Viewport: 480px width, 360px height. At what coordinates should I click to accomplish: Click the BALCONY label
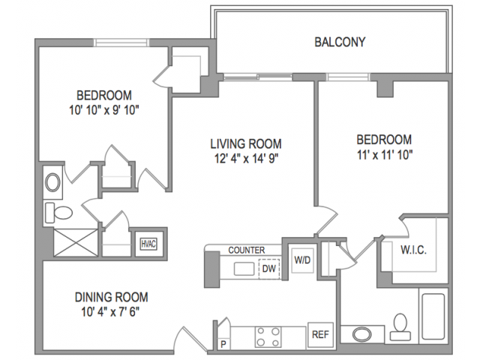[x=340, y=42]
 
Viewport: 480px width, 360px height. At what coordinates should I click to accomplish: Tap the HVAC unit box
[x=148, y=244]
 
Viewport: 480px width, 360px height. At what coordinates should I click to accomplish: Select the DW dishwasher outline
[x=269, y=268]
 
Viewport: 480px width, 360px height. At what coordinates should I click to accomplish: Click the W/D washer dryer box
[x=302, y=260]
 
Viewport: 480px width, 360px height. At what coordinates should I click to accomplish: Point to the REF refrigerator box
[x=320, y=334]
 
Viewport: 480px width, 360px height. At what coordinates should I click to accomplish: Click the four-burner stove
[x=268, y=337]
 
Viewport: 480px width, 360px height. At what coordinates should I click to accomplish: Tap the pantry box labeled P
[x=223, y=344]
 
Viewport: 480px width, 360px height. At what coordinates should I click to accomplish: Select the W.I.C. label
[x=413, y=250]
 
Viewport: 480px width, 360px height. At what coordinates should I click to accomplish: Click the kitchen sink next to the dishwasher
[x=244, y=269]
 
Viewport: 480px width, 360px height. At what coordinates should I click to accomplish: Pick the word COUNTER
[x=247, y=250]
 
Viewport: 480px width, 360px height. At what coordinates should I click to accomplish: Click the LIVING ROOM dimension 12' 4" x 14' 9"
[x=246, y=158]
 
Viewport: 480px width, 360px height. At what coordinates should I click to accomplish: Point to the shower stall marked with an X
[x=76, y=242]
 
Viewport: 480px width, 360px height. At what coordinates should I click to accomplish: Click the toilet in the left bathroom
[x=58, y=212]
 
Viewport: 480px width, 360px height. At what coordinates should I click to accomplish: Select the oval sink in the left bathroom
[x=52, y=183]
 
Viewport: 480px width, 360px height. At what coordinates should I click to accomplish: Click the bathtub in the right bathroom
[x=433, y=316]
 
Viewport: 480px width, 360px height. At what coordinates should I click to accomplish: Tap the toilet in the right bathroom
[x=400, y=327]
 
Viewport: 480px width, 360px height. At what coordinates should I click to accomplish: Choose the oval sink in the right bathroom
[x=361, y=334]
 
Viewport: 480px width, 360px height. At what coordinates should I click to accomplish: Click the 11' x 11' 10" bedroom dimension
[x=385, y=155]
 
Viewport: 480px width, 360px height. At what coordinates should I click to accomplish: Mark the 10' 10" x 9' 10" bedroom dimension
[x=104, y=110]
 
